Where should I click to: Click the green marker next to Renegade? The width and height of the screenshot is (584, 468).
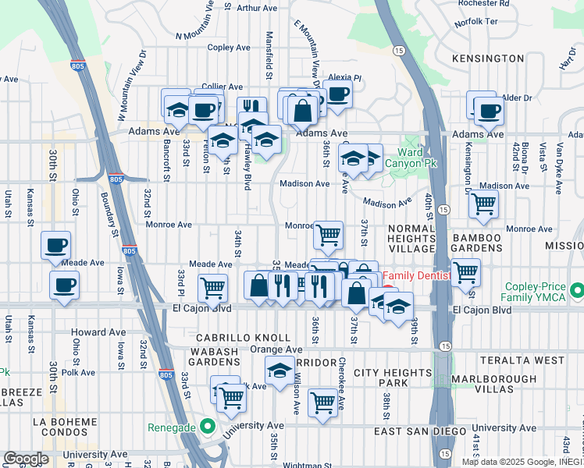tap(207, 427)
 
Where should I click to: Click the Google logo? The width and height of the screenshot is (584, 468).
tap(26, 459)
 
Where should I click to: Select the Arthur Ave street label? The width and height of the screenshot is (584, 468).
tap(258, 8)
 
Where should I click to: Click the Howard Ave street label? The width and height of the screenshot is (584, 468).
tap(98, 332)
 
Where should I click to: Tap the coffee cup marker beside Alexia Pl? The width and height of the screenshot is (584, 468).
tap(337, 94)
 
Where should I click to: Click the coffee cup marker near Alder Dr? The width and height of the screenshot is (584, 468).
tap(489, 112)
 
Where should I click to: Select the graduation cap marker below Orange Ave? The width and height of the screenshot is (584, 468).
tap(279, 370)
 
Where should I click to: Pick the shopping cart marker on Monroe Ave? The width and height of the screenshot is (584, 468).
tap(328, 233)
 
